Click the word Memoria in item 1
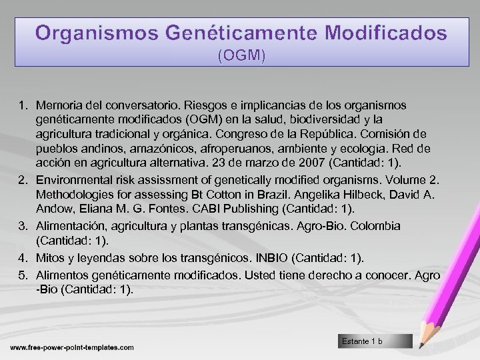(58, 106)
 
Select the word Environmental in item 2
(71, 178)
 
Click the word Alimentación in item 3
(69, 226)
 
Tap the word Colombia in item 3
(376, 226)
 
